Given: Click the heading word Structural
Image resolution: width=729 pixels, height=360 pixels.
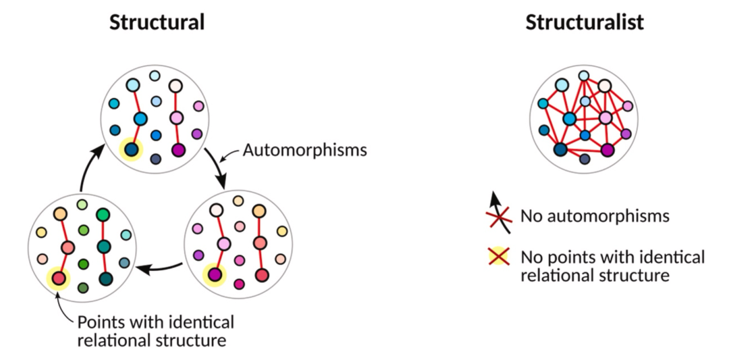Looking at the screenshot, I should coord(157,22).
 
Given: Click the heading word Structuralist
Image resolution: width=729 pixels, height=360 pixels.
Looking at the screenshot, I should coord(585,22).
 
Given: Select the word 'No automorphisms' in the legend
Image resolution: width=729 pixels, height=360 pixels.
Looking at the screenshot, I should coord(595,216).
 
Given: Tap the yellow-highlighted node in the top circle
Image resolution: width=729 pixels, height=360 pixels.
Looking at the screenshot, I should coord(131,149).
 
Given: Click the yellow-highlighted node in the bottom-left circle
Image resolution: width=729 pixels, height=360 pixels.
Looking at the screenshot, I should coord(58,277).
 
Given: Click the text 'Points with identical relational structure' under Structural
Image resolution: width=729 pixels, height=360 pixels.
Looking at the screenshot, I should coord(156,330).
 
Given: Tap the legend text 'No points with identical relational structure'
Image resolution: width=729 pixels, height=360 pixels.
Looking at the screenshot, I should coord(612,266).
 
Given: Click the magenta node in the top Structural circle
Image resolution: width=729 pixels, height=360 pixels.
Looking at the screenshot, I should coord(178,149).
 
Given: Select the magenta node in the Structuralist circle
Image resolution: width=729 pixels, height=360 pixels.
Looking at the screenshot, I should coord(607,149).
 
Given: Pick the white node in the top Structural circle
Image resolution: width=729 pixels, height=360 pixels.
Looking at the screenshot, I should coord(175,86).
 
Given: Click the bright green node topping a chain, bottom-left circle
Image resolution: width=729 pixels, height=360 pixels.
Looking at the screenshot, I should coord(103,214).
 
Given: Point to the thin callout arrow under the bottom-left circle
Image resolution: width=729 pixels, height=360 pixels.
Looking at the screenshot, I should coord(64,307).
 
